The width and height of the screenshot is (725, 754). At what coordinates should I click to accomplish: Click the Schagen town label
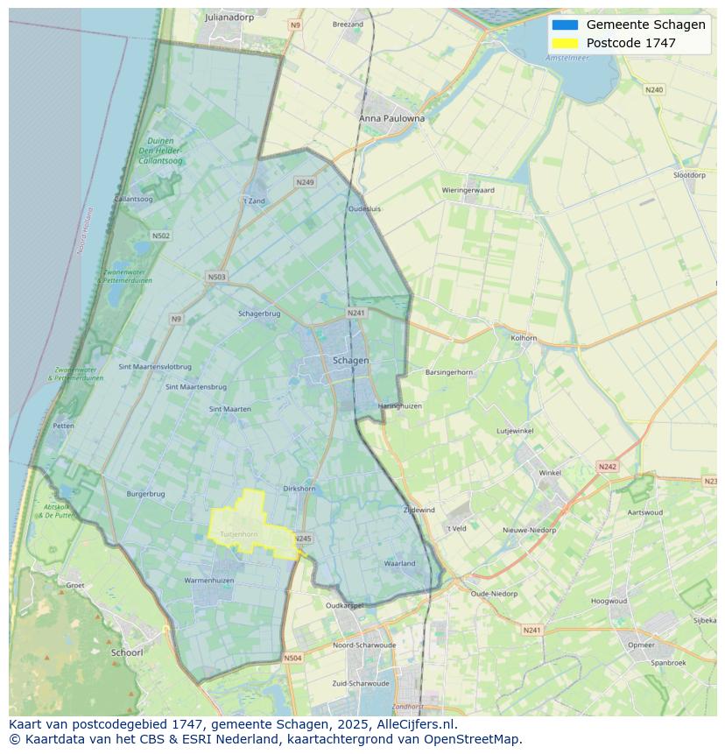click(x=350, y=360)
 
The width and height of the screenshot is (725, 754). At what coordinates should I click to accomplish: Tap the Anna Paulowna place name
click(x=391, y=118)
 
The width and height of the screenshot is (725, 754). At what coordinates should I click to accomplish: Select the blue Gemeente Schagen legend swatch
click(x=565, y=25)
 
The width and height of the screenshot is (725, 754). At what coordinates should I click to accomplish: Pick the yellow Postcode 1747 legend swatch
click(x=565, y=43)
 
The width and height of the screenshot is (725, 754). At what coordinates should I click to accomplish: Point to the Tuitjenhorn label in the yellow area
click(x=238, y=533)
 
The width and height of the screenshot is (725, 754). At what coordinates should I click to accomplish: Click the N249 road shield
click(x=305, y=182)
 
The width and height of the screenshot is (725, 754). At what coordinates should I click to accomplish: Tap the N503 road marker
click(x=216, y=277)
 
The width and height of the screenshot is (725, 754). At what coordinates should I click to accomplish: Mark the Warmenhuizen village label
click(x=209, y=581)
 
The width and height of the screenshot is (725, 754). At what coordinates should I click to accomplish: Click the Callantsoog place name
click(x=134, y=200)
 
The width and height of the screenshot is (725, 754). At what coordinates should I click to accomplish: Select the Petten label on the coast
click(x=63, y=426)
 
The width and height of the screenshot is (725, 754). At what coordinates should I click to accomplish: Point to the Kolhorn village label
click(x=524, y=337)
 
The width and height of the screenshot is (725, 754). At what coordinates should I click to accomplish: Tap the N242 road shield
click(x=608, y=467)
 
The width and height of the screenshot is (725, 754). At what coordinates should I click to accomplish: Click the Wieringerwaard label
click(x=468, y=190)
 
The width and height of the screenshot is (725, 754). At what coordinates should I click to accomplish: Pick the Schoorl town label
click(x=127, y=652)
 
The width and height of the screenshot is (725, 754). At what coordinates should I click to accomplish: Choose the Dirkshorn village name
click(x=299, y=489)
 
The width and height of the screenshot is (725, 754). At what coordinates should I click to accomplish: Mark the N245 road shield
click(x=302, y=539)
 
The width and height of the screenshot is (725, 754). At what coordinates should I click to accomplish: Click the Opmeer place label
click(x=641, y=645)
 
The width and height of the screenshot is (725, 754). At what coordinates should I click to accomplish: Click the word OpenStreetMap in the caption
click(x=472, y=739)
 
